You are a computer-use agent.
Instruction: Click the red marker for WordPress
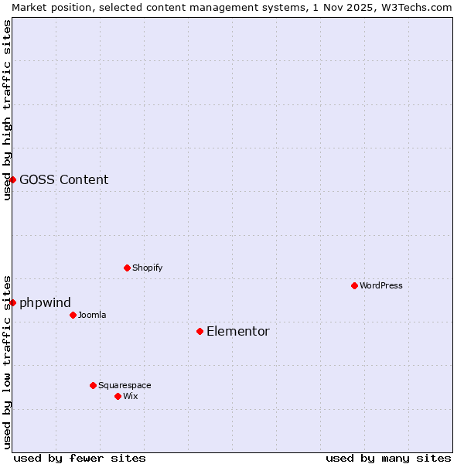coord(354,285)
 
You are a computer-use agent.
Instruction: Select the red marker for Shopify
coord(127,268)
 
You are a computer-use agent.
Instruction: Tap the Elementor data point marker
coord(200,331)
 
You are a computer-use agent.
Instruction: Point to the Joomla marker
coord(73,315)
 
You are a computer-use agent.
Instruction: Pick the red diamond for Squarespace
coord(93,385)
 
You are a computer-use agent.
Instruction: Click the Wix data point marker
coord(118,396)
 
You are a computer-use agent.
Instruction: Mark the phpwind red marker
coord(12,302)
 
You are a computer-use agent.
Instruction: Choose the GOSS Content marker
coord(12,179)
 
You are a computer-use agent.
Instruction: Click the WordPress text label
coord(381,285)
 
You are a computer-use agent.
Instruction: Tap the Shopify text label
coord(147,268)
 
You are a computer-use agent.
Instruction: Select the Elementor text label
coord(238,331)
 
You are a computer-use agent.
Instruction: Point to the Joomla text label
coord(92,315)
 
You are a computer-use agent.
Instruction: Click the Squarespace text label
coord(125,385)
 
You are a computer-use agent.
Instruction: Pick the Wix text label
coord(131,396)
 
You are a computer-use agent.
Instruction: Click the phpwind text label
coord(45,302)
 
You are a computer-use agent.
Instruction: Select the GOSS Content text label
coord(63,179)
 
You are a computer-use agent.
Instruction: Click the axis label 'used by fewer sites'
coord(80,458)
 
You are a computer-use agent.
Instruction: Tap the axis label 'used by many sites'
coord(388,458)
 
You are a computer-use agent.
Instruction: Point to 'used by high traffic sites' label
coord(7,110)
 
